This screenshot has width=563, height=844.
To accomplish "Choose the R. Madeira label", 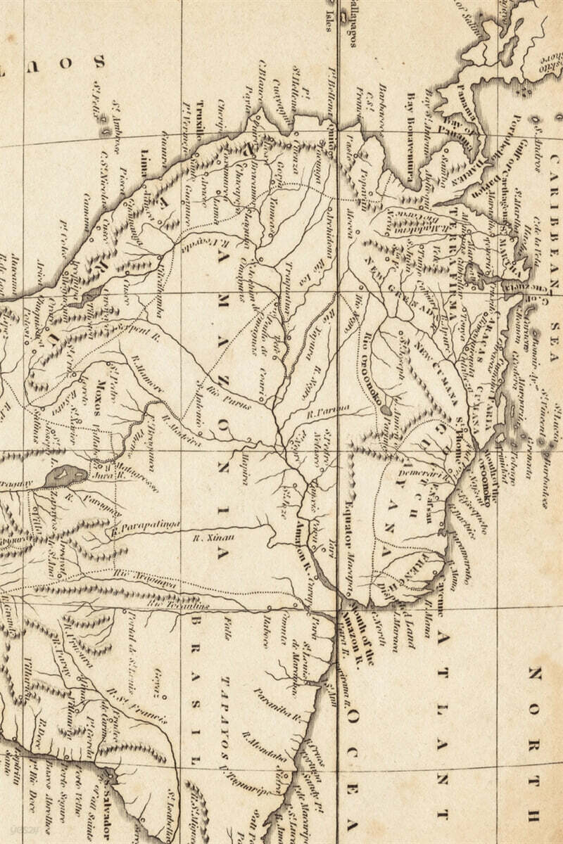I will [181, 430].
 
